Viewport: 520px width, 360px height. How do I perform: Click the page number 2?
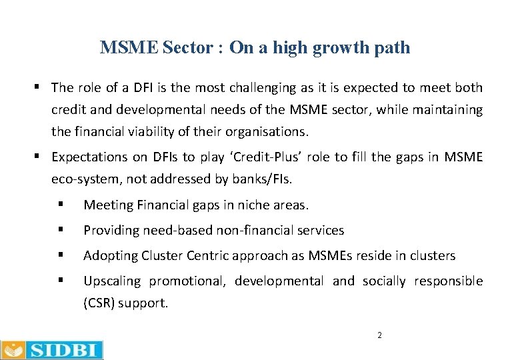point(379,335)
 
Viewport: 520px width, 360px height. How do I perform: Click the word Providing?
point(110,231)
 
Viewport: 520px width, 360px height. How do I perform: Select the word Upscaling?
point(111,281)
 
